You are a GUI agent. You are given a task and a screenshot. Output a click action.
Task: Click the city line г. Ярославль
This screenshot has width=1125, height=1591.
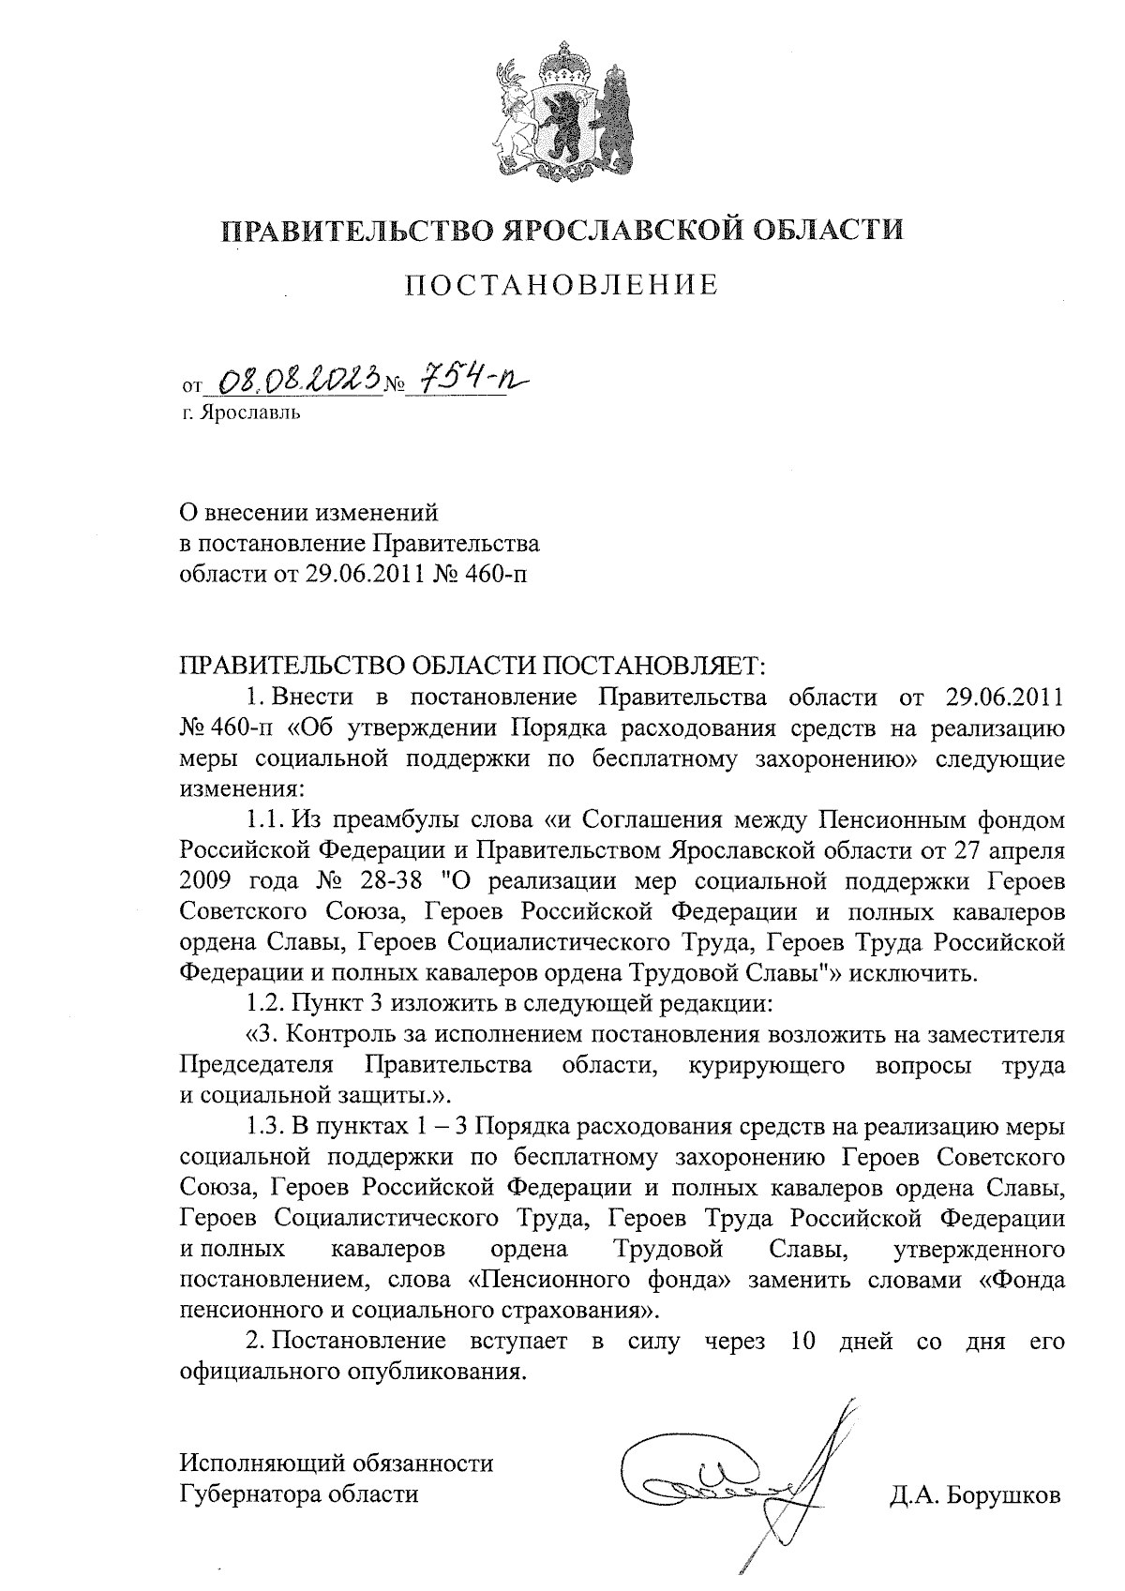pyautogui.click(x=242, y=412)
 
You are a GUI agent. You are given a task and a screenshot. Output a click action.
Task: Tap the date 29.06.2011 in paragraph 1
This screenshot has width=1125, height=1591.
pyautogui.click(x=1000, y=698)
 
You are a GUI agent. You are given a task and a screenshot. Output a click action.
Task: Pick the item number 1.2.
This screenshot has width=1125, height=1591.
pyautogui.click(x=264, y=1003)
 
